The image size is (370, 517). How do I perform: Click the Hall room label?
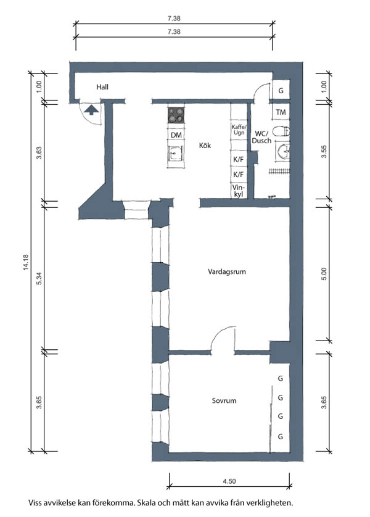(102, 87)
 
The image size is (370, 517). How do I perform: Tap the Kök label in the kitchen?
(205, 146)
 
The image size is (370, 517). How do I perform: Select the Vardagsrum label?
(227, 271)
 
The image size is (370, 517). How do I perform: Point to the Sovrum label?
(224, 400)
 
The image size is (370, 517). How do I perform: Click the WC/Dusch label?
(262, 137)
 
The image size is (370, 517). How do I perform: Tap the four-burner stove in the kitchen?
(176, 115)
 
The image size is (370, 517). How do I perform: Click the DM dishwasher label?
(176, 135)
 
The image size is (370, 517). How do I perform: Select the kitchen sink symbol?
(175, 154)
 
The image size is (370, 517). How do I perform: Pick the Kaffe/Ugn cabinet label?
(239, 130)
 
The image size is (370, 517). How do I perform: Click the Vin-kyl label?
(238, 191)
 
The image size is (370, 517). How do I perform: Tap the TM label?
(281, 112)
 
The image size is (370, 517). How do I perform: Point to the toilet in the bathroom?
(281, 131)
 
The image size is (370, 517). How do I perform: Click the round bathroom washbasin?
(284, 152)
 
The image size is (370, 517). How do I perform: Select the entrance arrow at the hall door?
(91, 109)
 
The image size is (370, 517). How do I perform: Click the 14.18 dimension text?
(26, 262)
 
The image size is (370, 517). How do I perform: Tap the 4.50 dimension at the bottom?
(229, 481)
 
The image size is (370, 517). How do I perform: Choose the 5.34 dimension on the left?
(39, 279)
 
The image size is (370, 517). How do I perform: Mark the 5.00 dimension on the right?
(324, 274)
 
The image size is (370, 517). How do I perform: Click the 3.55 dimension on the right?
(324, 152)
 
